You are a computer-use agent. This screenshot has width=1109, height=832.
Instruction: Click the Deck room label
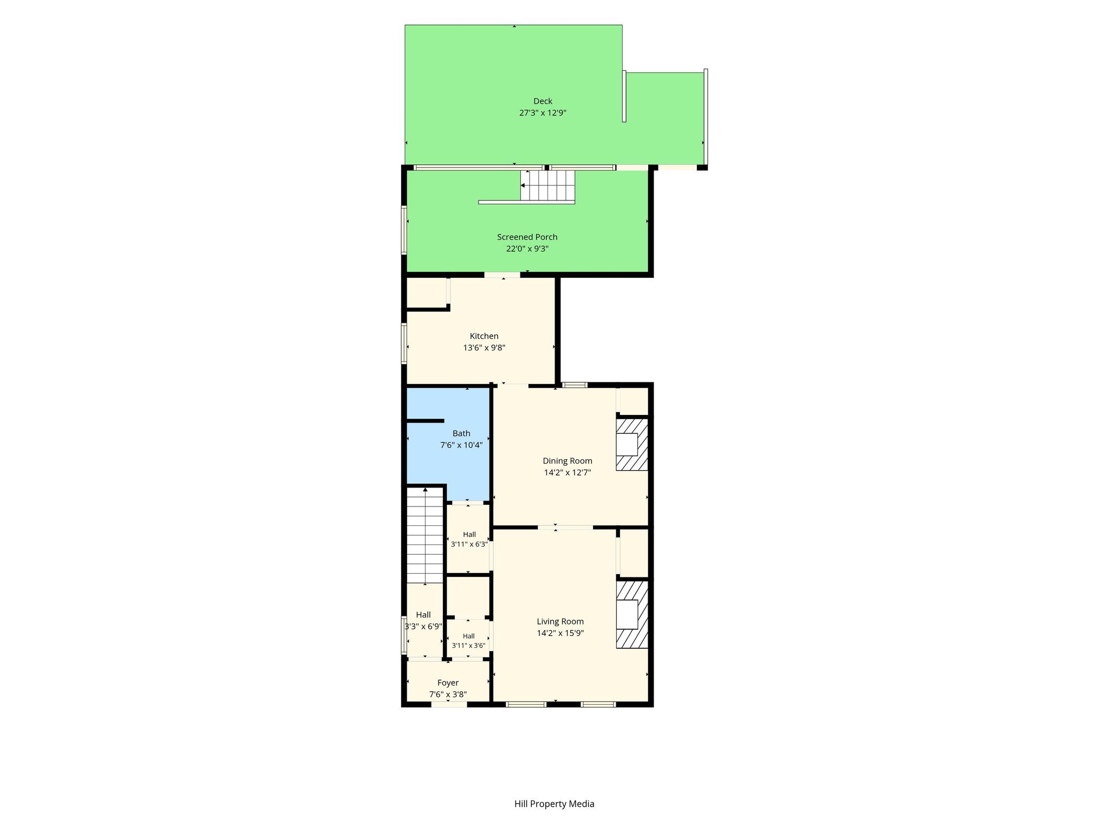pyautogui.click(x=543, y=101)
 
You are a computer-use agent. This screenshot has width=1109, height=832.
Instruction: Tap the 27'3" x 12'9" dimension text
pyautogui.click(x=543, y=113)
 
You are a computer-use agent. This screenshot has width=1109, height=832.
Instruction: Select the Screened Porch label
pyautogui.click(x=527, y=237)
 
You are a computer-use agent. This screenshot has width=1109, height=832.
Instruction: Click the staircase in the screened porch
pyautogui.click(x=547, y=185)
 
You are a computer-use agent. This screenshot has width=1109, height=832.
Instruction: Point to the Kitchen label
pyautogui.click(x=484, y=336)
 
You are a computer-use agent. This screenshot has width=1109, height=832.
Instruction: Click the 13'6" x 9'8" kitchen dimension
pyautogui.click(x=484, y=348)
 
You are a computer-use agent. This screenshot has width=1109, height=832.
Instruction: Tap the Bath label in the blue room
pyautogui.click(x=461, y=433)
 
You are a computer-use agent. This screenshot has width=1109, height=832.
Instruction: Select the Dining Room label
pyautogui.click(x=567, y=461)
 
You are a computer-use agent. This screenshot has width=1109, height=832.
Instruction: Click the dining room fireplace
pyautogui.click(x=632, y=444)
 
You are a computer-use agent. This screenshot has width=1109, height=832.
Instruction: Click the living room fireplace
pyautogui.click(x=632, y=614)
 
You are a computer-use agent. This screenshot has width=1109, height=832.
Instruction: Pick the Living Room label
pyautogui.click(x=560, y=622)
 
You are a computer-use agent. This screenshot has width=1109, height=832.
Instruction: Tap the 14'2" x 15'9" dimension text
pyautogui.click(x=560, y=633)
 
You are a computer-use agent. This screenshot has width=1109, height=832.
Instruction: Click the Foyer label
pyautogui.click(x=448, y=683)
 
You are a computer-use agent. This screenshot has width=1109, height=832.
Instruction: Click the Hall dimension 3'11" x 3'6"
pyautogui.click(x=468, y=646)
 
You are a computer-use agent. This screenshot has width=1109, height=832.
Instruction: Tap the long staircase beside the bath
pyautogui.click(x=425, y=535)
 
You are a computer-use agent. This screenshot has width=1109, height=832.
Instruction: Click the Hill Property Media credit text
pyautogui.click(x=554, y=804)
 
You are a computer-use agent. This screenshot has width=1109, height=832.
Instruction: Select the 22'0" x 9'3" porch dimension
pyautogui.click(x=527, y=249)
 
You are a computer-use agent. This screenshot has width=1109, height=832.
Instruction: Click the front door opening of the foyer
pyautogui.click(x=449, y=704)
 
